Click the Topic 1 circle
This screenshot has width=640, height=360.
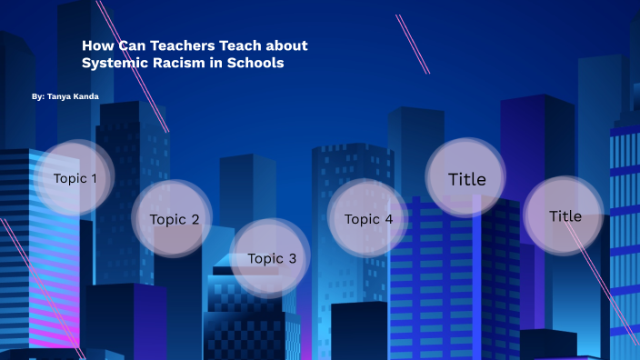[75, 178]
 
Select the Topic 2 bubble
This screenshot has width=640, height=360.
[174, 218]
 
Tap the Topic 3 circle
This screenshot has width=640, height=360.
[272, 258]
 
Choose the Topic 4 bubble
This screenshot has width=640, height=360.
[368, 218]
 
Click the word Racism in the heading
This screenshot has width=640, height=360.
[179, 63]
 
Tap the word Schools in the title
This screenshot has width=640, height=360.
[255, 63]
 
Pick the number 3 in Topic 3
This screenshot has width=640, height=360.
[292, 258]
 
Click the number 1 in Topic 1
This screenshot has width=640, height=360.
[95, 178]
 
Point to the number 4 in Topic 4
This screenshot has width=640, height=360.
[388, 218]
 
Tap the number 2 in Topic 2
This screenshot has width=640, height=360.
[194, 218]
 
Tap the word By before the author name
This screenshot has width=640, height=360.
[36, 95]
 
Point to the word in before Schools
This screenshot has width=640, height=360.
[218, 63]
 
